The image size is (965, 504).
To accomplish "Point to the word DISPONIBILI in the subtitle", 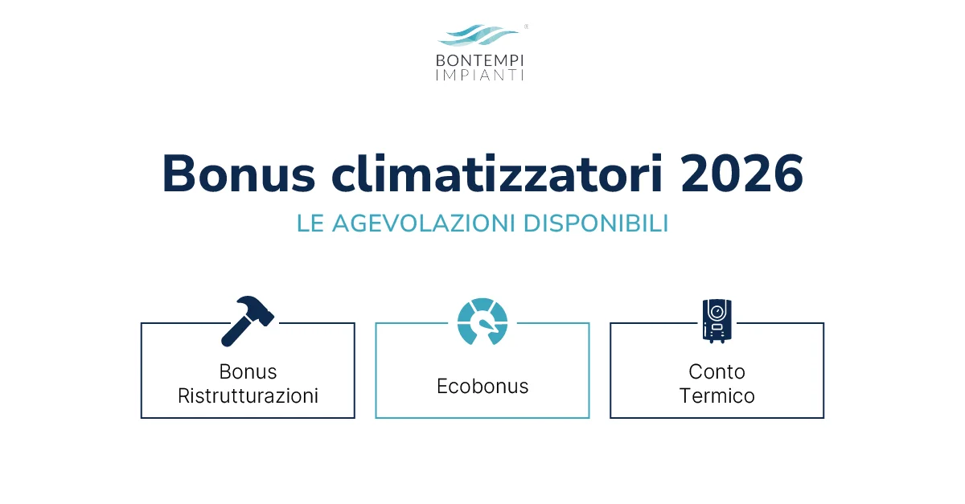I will (x=596, y=223).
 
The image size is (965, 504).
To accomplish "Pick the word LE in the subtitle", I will (x=310, y=223).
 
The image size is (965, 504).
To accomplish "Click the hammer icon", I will (x=247, y=321).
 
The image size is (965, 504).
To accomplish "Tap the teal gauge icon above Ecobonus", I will (x=482, y=322).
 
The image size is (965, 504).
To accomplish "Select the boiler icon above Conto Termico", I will (x=717, y=321).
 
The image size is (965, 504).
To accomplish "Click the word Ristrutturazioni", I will (x=248, y=396).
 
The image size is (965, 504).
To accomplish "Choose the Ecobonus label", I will (x=482, y=387).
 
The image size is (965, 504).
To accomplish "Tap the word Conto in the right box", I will (x=717, y=372).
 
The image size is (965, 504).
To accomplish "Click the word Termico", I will (x=717, y=396).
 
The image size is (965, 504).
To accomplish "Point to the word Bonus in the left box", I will (x=248, y=372).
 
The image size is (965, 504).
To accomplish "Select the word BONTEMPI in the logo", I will (x=479, y=60).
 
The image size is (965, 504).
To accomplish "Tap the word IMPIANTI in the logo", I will (x=479, y=76).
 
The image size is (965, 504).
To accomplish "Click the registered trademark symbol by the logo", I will (x=526, y=27).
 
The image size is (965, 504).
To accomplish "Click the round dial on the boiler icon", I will (x=717, y=310).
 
